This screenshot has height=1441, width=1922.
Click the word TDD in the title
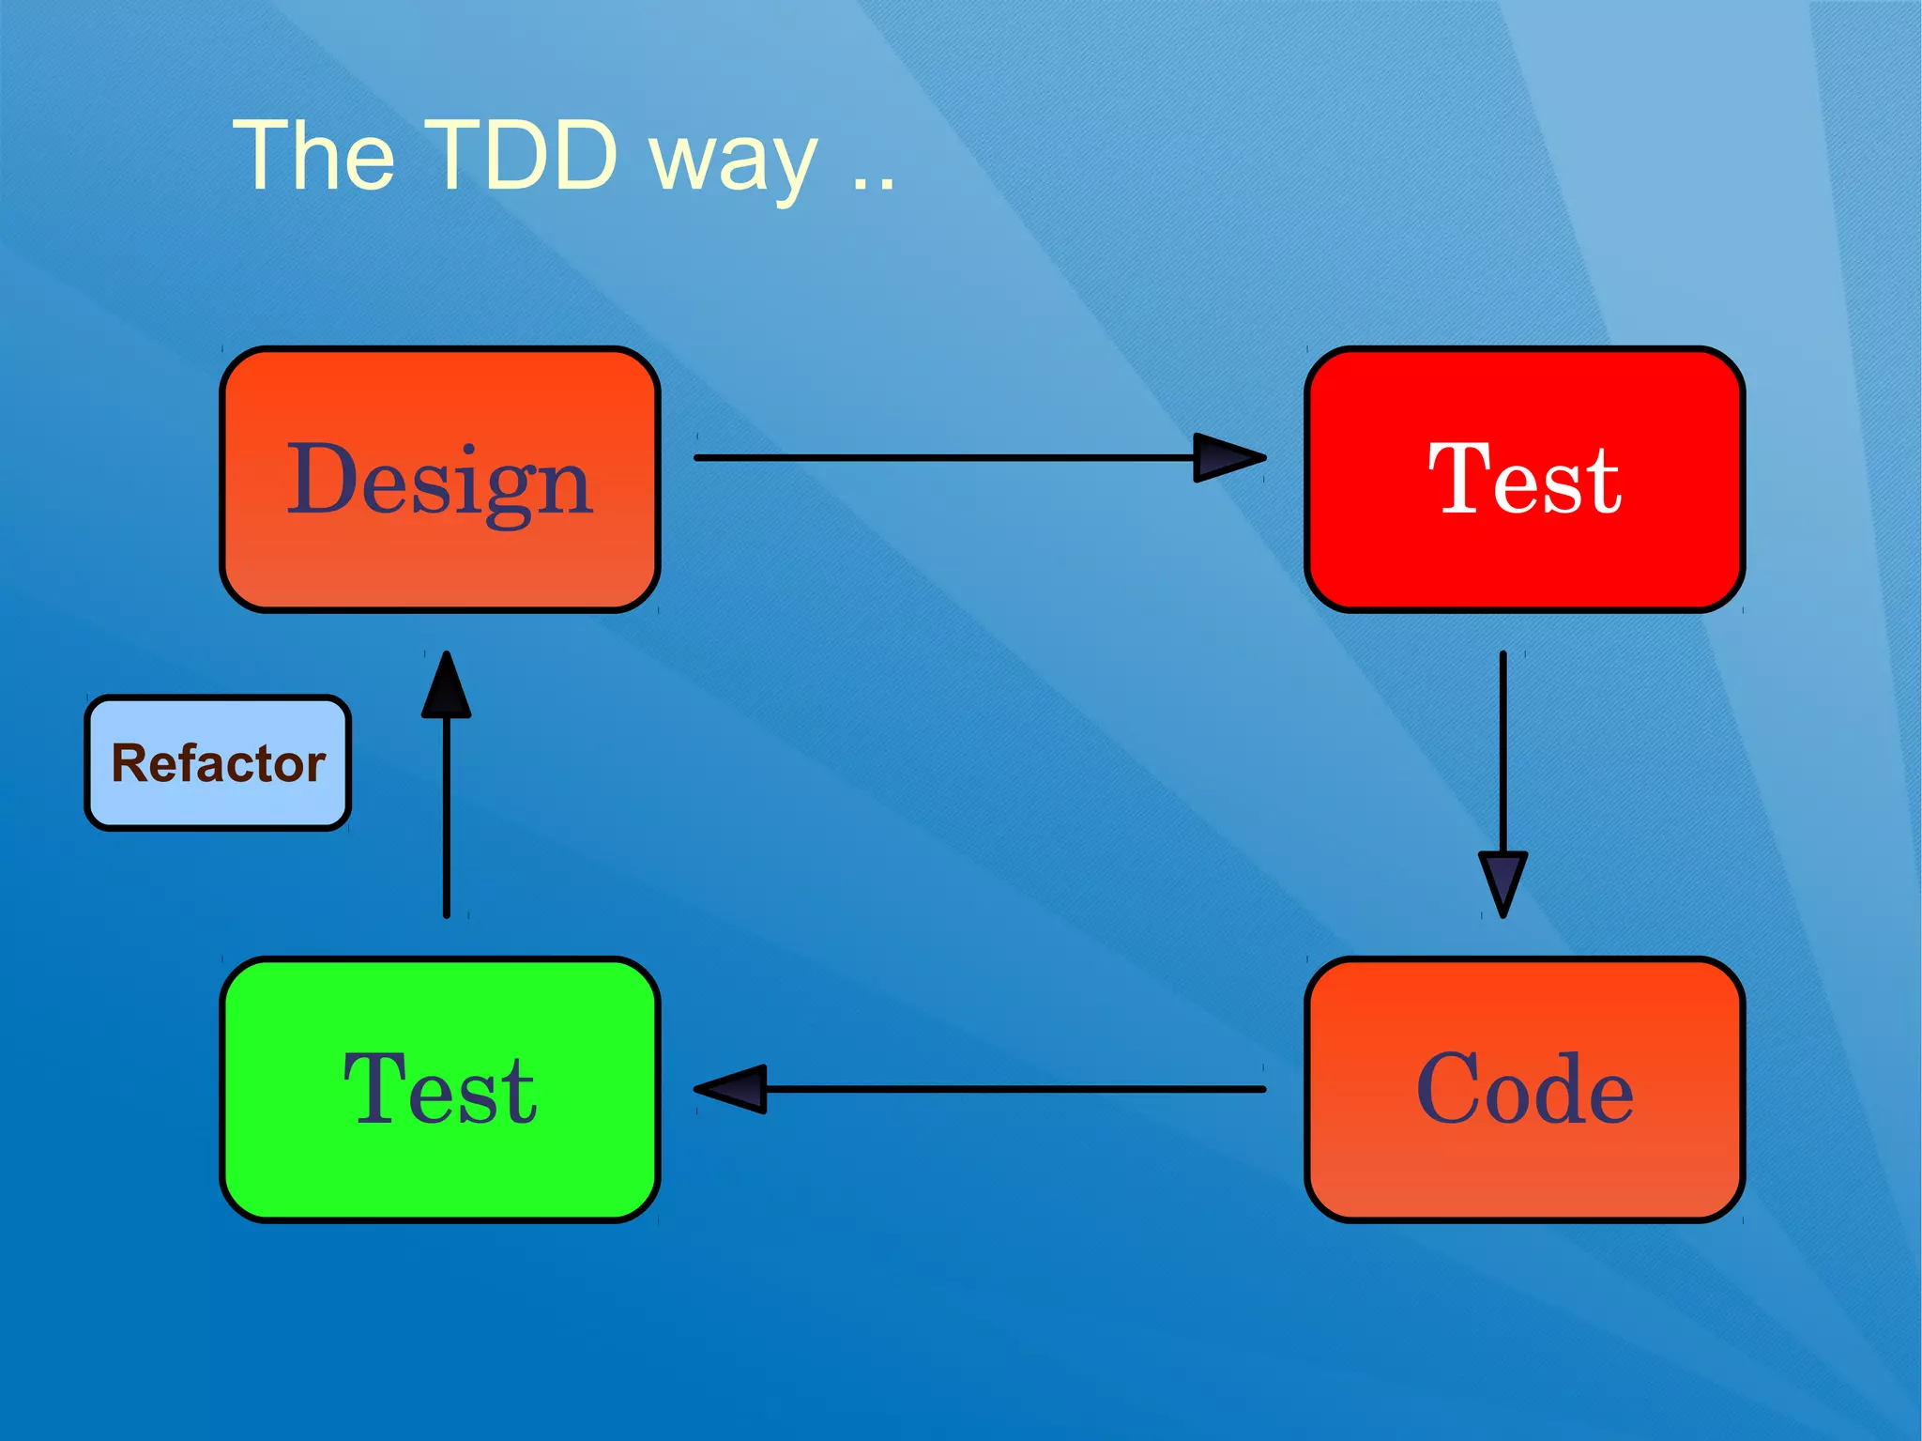click(526, 155)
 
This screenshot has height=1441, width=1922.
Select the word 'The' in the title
click(313, 155)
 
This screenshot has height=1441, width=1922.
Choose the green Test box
click(440, 1173)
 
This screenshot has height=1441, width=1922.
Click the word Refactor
click(218, 763)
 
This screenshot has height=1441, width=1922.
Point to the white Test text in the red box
click(1524, 480)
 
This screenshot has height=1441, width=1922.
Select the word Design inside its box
click(440, 482)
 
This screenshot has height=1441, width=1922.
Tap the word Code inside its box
click(1524, 1089)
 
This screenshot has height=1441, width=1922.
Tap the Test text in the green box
click(440, 1089)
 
